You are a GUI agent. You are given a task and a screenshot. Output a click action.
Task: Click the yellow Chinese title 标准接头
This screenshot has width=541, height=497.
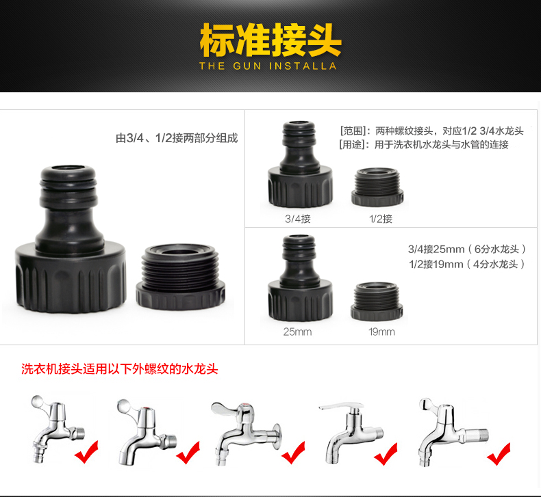click(270, 40)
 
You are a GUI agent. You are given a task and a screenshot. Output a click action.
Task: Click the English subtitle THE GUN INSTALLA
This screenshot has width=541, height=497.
click(268, 66)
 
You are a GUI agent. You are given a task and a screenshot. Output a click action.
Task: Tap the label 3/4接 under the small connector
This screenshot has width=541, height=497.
click(298, 219)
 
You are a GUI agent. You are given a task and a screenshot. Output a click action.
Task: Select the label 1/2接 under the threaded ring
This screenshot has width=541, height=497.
click(381, 219)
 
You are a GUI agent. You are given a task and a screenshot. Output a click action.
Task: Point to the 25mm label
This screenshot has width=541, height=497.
click(297, 332)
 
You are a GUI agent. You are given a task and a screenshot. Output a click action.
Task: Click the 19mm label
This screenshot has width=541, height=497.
click(381, 332)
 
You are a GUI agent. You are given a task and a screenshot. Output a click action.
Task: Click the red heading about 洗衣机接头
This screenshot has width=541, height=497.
click(120, 369)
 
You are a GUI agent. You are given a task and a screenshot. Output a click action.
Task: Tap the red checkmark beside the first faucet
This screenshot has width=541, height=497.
click(86, 452)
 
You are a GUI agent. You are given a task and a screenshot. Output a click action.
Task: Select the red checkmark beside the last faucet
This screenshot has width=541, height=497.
click(499, 454)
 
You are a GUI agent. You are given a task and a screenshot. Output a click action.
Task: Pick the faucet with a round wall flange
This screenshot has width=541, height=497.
click(247, 433)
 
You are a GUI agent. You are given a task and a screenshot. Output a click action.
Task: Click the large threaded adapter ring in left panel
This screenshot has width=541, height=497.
click(181, 277)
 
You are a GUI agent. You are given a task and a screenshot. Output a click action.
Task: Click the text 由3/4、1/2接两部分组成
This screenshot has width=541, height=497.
click(177, 138)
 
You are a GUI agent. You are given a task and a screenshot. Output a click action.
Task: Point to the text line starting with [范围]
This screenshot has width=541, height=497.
click(431, 131)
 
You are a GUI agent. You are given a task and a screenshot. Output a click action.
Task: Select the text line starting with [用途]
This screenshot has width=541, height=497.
click(424, 145)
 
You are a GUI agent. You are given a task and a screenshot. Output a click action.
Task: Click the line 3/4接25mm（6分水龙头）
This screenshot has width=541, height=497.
click(467, 249)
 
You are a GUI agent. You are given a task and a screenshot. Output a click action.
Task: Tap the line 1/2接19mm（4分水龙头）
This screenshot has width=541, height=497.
click(467, 264)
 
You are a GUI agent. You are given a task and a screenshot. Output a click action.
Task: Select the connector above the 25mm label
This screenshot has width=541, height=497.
click(300, 278)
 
